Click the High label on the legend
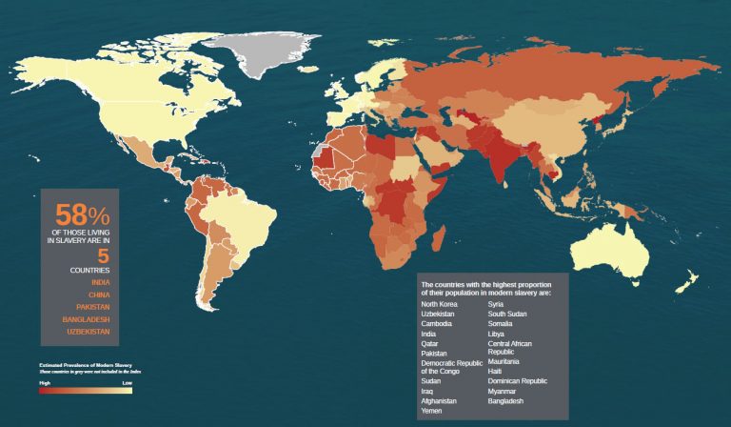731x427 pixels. pyautogui.click(x=45, y=382)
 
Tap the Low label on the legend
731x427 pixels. pyautogui.click(x=128, y=382)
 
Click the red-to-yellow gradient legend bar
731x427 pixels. pyautogui.click(x=86, y=390)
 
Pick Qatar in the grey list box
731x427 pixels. pyautogui.click(x=429, y=343)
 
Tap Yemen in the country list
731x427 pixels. pyautogui.click(x=431, y=411)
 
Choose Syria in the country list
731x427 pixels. pyautogui.click(x=498, y=303)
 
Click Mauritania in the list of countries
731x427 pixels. pyautogui.click(x=504, y=361)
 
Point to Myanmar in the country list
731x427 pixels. pyautogui.click(x=504, y=391)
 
